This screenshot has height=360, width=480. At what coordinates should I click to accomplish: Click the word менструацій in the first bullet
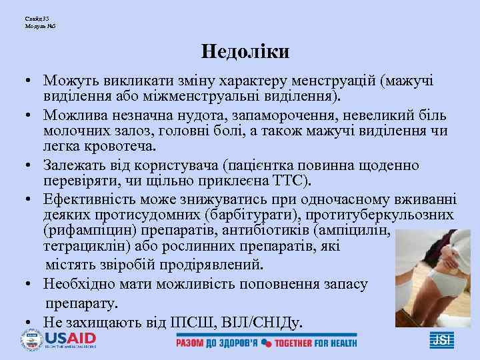335,81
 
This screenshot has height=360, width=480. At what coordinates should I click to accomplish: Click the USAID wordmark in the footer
70,339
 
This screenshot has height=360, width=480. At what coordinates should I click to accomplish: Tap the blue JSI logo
441,339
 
